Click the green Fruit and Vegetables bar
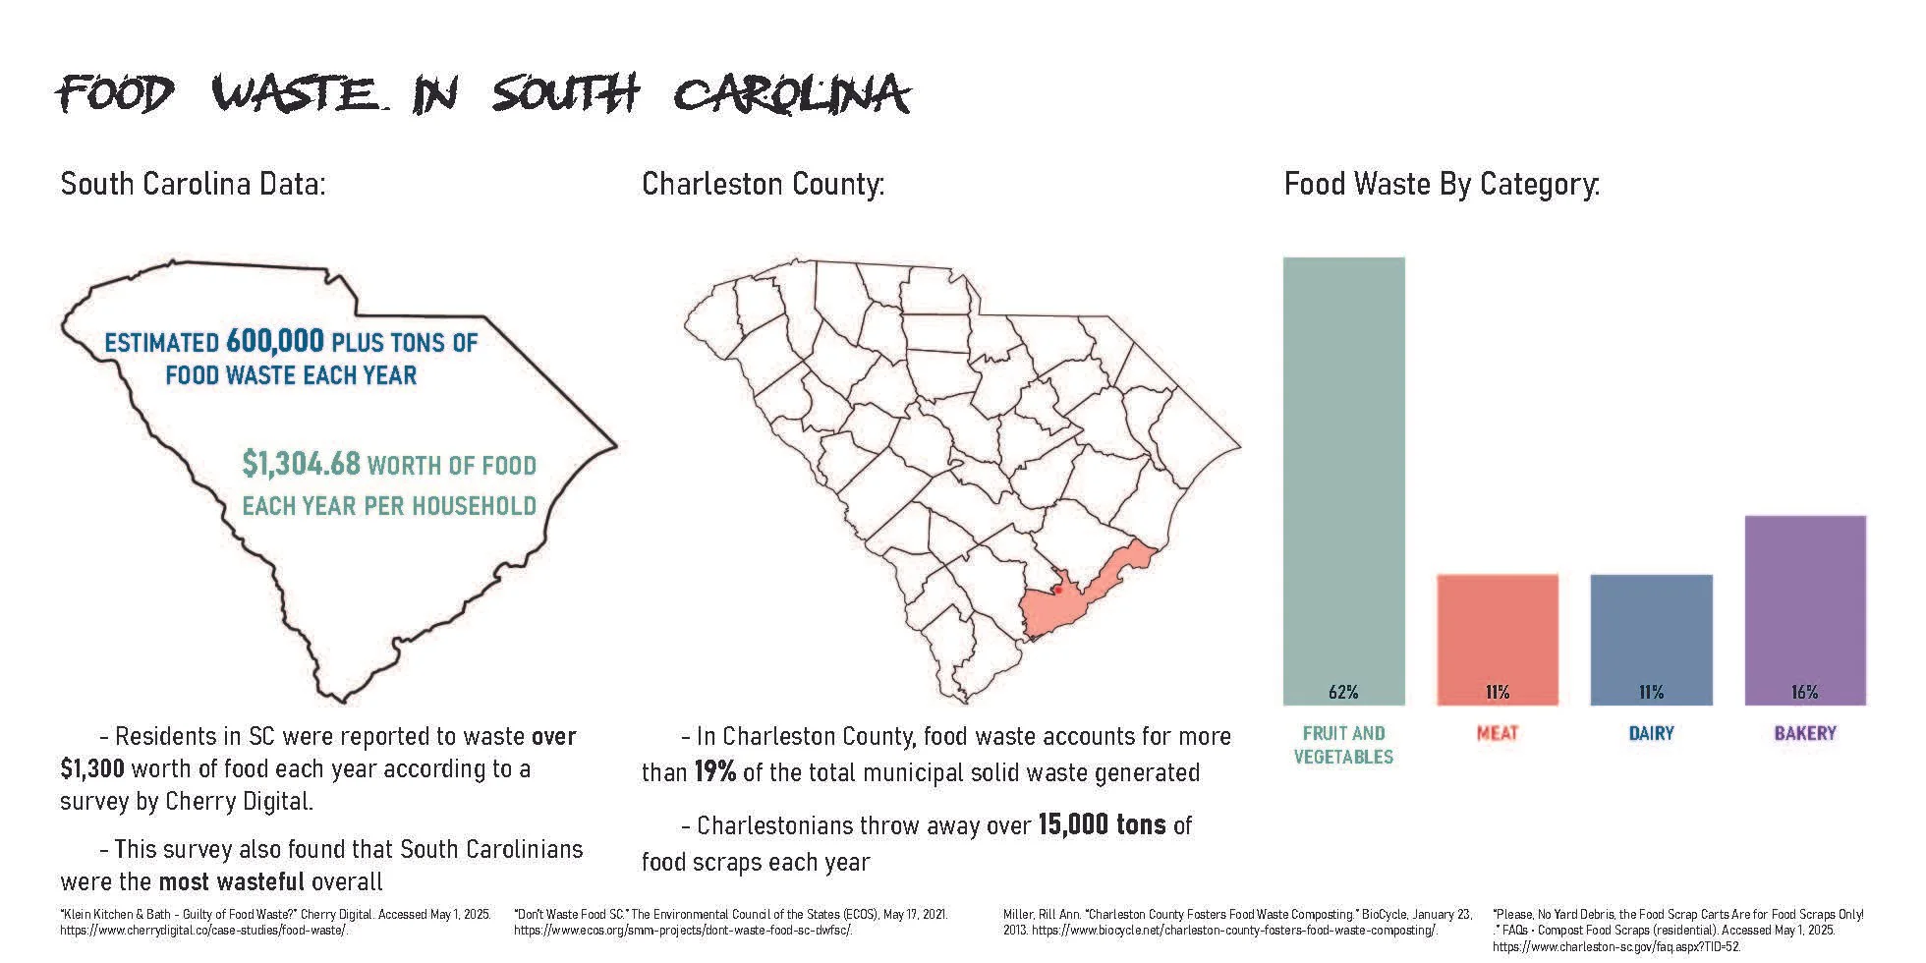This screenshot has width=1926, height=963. (1343, 481)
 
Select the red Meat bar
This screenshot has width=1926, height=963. (1498, 640)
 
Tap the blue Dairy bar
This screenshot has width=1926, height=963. (1651, 640)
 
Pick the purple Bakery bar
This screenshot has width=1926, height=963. (1805, 610)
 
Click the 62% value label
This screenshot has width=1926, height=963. (1343, 692)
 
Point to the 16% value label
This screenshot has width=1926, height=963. (1805, 692)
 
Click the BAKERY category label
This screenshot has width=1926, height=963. (1805, 733)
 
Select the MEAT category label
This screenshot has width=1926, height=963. (1498, 733)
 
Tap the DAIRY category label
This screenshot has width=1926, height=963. (1651, 733)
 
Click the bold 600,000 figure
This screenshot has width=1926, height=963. (274, 341)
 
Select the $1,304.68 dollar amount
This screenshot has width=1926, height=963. (301, 463)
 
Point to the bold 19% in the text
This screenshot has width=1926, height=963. (715, 772)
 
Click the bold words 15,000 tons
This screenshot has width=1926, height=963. (1102, 824)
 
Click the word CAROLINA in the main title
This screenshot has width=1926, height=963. (791, 95)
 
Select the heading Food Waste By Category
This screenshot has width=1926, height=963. (1442, 184)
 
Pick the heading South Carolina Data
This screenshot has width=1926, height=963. (193, 184)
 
